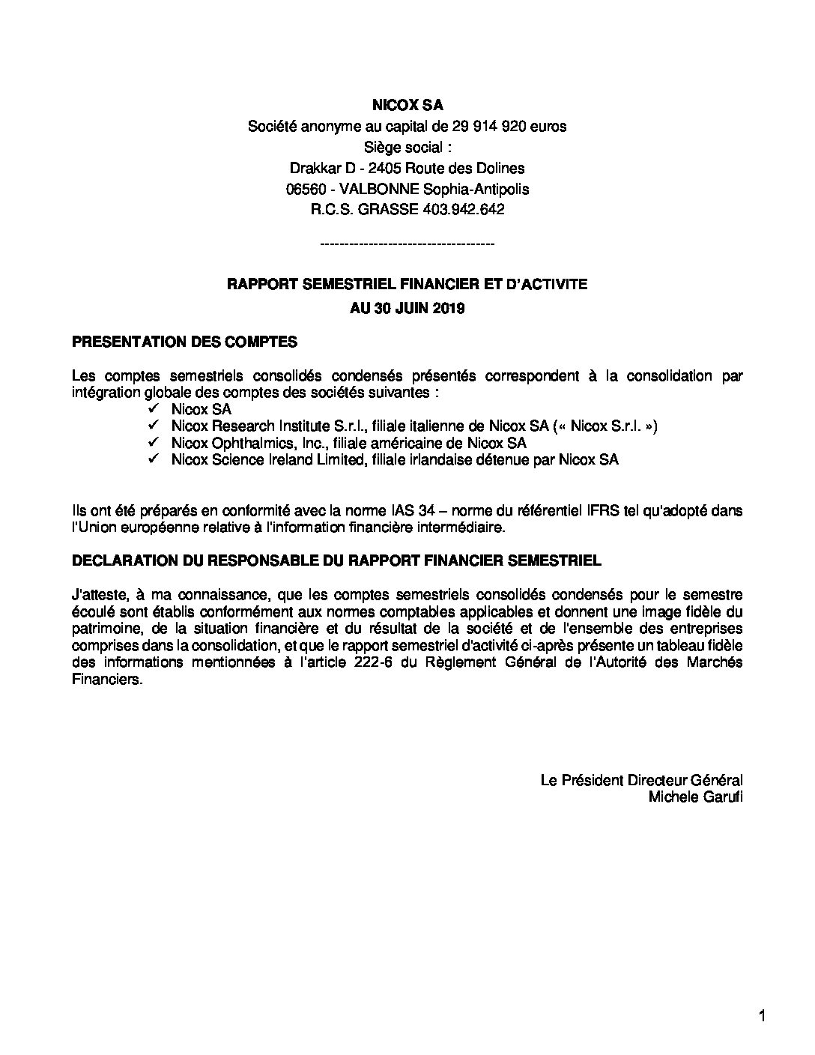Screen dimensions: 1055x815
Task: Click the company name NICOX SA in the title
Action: click(x=407, y=106)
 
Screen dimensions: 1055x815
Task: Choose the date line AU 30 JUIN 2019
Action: click(x=407, y=308)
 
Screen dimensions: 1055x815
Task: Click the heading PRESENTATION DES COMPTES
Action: click(x=184, y=342)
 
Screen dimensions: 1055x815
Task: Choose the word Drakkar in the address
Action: click(x=313, y=168)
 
